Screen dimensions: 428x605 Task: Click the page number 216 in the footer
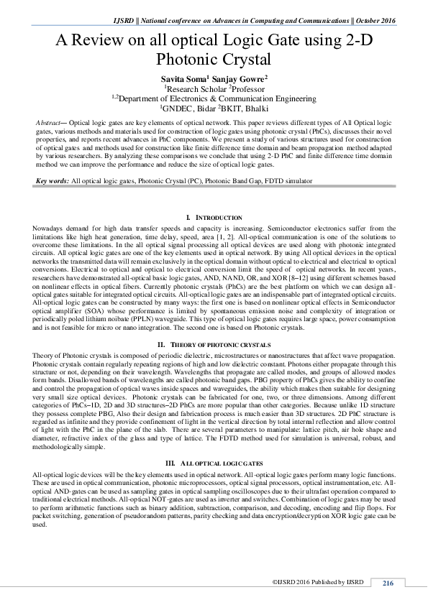coord(388,582)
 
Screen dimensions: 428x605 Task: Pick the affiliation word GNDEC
coord(178,108)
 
